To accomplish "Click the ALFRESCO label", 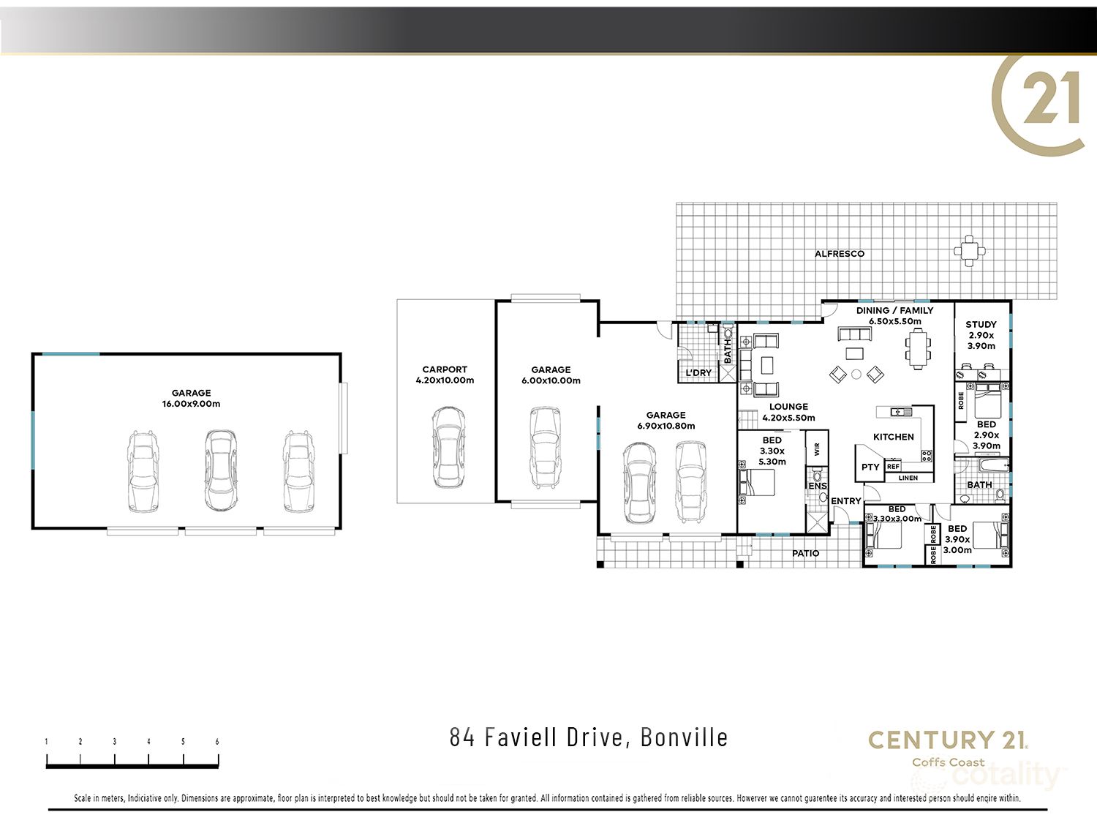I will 840,254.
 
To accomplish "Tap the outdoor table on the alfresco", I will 969,251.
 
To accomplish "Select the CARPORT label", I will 444,369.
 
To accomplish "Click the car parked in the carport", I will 448,447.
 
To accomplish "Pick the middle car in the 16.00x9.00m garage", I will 220,470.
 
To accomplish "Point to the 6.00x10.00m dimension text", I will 551,380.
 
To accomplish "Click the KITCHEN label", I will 893,437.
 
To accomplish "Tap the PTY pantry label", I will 870,467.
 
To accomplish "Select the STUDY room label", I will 981,324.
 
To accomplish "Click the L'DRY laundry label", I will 698,372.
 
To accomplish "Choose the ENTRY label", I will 845,501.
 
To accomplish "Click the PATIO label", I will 805,554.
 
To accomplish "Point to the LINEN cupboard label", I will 908,478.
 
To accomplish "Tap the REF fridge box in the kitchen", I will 893,466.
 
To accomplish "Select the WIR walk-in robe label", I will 817,448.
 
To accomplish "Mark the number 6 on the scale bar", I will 217,742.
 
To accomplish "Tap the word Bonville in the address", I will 684,737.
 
